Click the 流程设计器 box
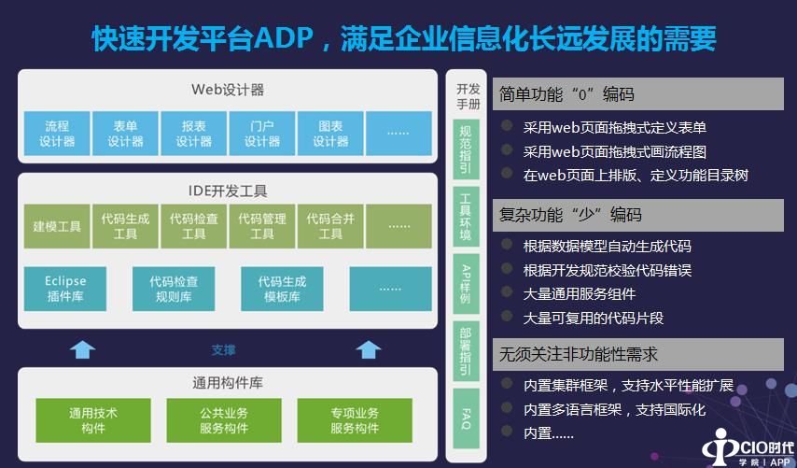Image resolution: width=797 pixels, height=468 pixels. pyautogui.click(x=57, y=134)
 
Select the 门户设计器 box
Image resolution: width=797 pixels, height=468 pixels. pyautogui.click(x=262, y=134)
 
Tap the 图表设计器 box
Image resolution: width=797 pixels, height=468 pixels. pyautogui.click(x=330, y=134)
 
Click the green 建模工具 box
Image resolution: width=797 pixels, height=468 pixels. pyautogui.click(x=57, y=226)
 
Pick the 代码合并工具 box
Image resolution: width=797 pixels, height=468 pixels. pyautogui.click(x=330, y=226)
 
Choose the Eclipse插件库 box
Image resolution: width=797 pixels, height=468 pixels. pyautogui.click(x=65, y=289)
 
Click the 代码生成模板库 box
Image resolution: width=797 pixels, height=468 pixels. pyautogui.click(x=281, y=289)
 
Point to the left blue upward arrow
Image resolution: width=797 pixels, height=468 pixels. pyautogui.click(x=83, y=349)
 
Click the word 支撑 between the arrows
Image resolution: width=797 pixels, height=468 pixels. pyautogui.click(x=223, y=350)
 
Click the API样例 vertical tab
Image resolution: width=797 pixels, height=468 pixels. pyautogui.click(x=466, y=280)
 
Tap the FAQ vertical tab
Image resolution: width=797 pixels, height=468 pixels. pyautogui.click(x=466, y=418)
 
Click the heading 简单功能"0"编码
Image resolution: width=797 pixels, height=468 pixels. pyautogui.click(x=566, y=94)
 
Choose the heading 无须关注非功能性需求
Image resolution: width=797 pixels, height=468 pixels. pyautogui.click(x=579, y=354)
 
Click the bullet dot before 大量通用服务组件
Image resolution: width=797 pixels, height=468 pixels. pyautogui.click(x=507, y=293)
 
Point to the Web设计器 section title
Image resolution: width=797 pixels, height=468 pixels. pyautogui.click(x=228, y=90)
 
